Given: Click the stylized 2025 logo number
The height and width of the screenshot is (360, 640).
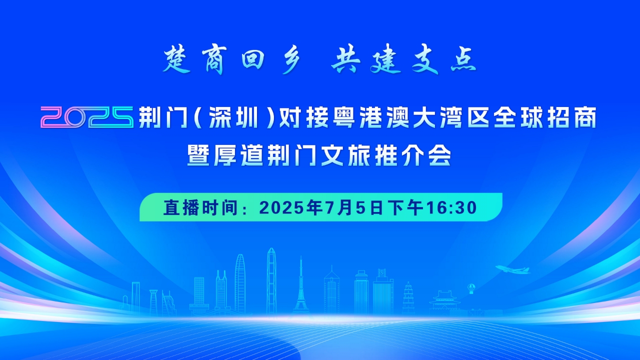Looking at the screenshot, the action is pos(87,117).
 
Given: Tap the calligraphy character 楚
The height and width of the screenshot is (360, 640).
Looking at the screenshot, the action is pos(176,60).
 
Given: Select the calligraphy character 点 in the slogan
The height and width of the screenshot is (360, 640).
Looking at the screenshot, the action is pos(463,60).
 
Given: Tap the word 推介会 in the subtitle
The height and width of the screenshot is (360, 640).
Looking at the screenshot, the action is pos(412,155).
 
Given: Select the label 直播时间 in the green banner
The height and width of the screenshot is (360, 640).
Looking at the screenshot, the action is pos(200,207).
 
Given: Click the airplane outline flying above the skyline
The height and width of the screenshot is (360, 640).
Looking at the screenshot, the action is pos(512,269).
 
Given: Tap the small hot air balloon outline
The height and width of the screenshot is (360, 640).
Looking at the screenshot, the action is pos(471,288).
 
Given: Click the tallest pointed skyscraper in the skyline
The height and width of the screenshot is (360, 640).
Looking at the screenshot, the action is pos(271,281).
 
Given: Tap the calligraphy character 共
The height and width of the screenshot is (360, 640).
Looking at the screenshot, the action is pos(346,60).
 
